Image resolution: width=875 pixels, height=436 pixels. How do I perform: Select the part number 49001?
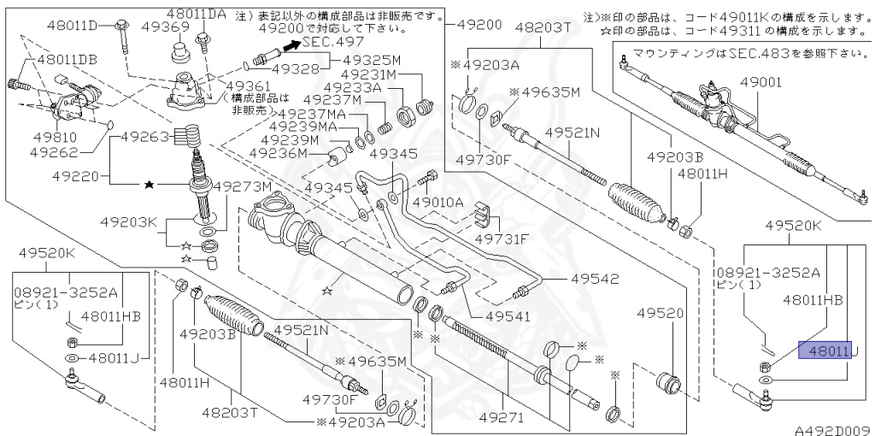coord(760,82)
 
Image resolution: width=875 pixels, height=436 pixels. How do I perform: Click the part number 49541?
coord(508,316)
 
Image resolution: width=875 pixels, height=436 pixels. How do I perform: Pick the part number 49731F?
coord(502,239)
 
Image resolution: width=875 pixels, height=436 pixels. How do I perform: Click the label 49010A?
coord(437,203)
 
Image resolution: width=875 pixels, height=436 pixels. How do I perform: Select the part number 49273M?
coord(242,186)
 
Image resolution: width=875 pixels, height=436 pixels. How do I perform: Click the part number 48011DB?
coord(65,62)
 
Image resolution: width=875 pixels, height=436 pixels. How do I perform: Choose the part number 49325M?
coord(372,61)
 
